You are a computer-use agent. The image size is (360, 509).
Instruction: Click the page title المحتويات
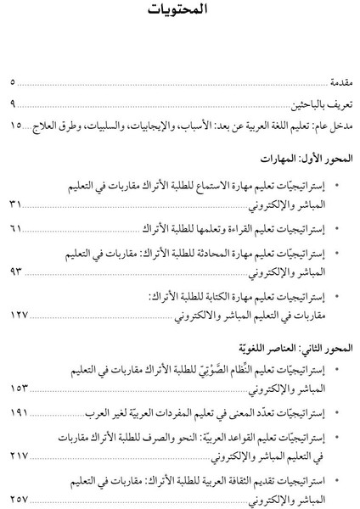tap(181, 13)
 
